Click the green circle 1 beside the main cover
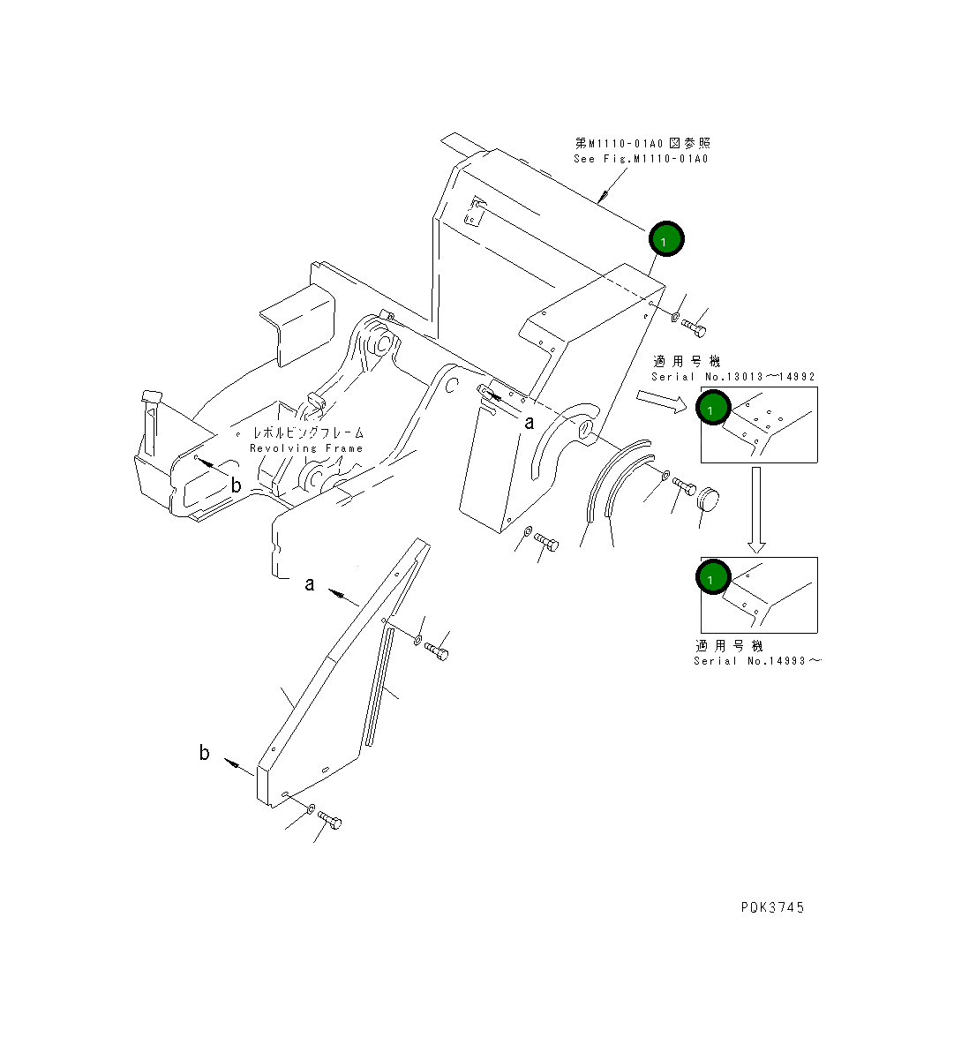pyautogui.click(x=666, y=239)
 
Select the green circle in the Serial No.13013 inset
pyautogui.click(x=713, y=408)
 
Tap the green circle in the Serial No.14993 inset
pyautogui.click(x=713, y=576)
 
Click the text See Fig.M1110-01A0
pyautogui.click(x=641, y=159)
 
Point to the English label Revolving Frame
pyautogui.click(x=306, y=448)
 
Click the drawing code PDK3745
pyautogui.click(x=772, y=907)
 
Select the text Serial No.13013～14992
pyautogui.click(x=733, y=377)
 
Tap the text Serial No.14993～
pyautogui.click(x=757, y=661)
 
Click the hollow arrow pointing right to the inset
pyautogui.click(x=661, y=402)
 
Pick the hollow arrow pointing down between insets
pyautogui.click(x=757, y=510)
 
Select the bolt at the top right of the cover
pyautogui.click(x=695, y=327)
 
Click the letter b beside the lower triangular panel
pyautogui.click(x=205, y=753)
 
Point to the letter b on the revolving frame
pyautogui.click(x=236, y=485)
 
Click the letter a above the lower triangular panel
pyautogui.click(x=309, y=584)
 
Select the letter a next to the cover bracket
pyautogui.click(x=530, y=423)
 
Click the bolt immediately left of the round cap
pyautogui.click(x=684, y=485)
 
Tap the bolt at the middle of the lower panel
pyautogui.click(x=436, y=650)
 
